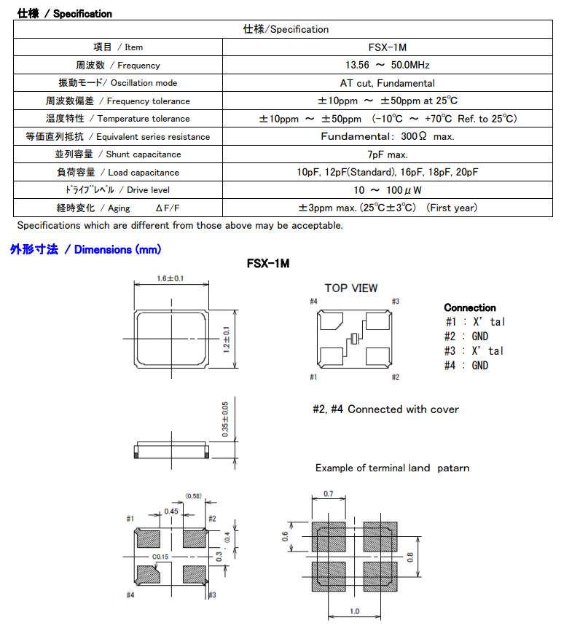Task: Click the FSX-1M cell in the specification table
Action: [387, 47]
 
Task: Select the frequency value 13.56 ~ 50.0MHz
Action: [387, 65]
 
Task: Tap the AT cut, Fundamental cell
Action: [387, 83]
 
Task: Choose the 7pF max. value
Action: [387, 154]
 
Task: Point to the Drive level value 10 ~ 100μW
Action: [387, 190]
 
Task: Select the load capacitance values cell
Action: [387, 173]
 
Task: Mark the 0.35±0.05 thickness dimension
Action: [225, 418]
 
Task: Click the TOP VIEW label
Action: [351, 289]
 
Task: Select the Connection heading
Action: [469, 308]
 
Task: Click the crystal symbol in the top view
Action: [353, 339]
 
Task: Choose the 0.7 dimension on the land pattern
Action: [329, 495]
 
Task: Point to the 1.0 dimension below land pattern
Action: [354, 611]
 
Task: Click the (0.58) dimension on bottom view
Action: [193, 496]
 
